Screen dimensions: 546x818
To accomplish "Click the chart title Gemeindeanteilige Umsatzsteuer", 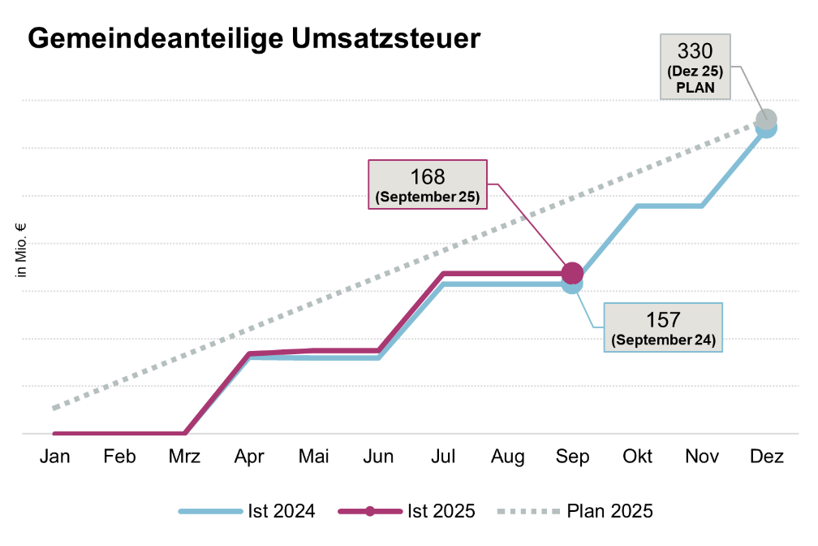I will coord(254,39).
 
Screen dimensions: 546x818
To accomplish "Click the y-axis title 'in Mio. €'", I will coord(22,251).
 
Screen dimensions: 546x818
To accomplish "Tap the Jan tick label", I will coord(55,457).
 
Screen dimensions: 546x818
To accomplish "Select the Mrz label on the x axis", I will coord(185,457).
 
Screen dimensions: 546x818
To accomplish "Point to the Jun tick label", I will coord(378,457).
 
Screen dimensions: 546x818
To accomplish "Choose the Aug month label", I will coord(507,457).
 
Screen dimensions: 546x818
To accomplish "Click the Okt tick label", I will coord(637,457).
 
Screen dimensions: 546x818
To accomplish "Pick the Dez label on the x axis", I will coord(766,457).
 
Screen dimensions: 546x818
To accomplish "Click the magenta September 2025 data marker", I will coord(572,273).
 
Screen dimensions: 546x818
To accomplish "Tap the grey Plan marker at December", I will coord(766,120).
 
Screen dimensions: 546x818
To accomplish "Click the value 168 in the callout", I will coord(428,178).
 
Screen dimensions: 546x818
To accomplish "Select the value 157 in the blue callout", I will coord(663,320).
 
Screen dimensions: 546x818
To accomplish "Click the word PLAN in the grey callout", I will coord(695,87).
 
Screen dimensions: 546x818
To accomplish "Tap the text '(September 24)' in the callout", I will coord(663,340).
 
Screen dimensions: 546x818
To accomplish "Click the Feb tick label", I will coord(119,457).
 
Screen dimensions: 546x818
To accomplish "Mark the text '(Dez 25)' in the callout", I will coord(695,71).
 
